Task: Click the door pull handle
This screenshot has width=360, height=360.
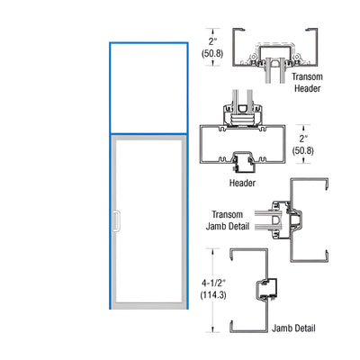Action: pos(116,221)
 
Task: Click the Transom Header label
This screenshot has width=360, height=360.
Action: pos(307,83)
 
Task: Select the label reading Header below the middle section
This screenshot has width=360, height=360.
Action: pos(242,183)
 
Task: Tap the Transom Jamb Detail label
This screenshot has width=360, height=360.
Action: pos(228,220)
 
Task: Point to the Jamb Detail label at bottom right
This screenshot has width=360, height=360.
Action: pos(293,328)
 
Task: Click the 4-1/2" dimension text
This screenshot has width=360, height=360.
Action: pos(213,283)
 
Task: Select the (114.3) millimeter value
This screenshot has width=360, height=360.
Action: pos(213,295)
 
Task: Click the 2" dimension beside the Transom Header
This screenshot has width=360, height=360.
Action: pos(212,41)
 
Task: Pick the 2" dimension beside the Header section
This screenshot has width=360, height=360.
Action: pos(303,139)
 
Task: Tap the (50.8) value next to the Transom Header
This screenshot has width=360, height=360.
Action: pos(212,53)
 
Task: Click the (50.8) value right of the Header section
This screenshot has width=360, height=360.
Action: pos(303,150)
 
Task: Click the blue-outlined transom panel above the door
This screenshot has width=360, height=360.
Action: pos(148,88)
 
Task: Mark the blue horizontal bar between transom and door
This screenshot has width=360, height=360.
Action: pos(148,133)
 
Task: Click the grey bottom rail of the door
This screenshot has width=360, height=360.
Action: pos(148,306)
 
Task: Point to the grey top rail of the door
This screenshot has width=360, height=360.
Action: pos(148,138)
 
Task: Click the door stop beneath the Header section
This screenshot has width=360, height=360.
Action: pos(243,163)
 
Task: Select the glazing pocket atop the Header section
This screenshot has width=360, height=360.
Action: pos(242,114)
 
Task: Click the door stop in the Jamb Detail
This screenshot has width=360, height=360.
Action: pos(266,289)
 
